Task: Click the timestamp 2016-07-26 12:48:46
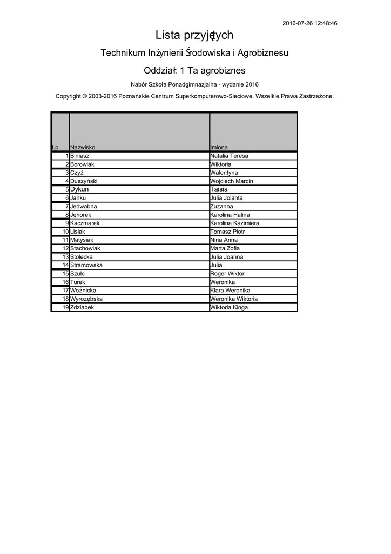(x=310, y=23)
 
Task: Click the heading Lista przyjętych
(x=194, y=36)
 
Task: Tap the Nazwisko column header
(x=83, y=147)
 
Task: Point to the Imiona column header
(x=219, y=147)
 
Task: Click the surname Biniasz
(x=80, y=156)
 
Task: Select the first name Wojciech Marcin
(x=231, y=181)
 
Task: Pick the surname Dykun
(x=79, y=189)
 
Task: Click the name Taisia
(x=219, y=189)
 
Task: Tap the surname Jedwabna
(x=84, y=207)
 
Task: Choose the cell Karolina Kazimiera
(x=234, y=223)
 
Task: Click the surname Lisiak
(x=78, y=232)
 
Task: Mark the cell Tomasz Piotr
(x=227, y=232)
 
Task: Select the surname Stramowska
(x=86, y=265)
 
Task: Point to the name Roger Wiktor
(x=227, y=274)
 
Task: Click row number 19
(x=65, y=307)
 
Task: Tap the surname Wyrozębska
(x=86, y=299)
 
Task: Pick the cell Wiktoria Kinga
(x=229, y=307)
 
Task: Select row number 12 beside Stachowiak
(x=65, y=248)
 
